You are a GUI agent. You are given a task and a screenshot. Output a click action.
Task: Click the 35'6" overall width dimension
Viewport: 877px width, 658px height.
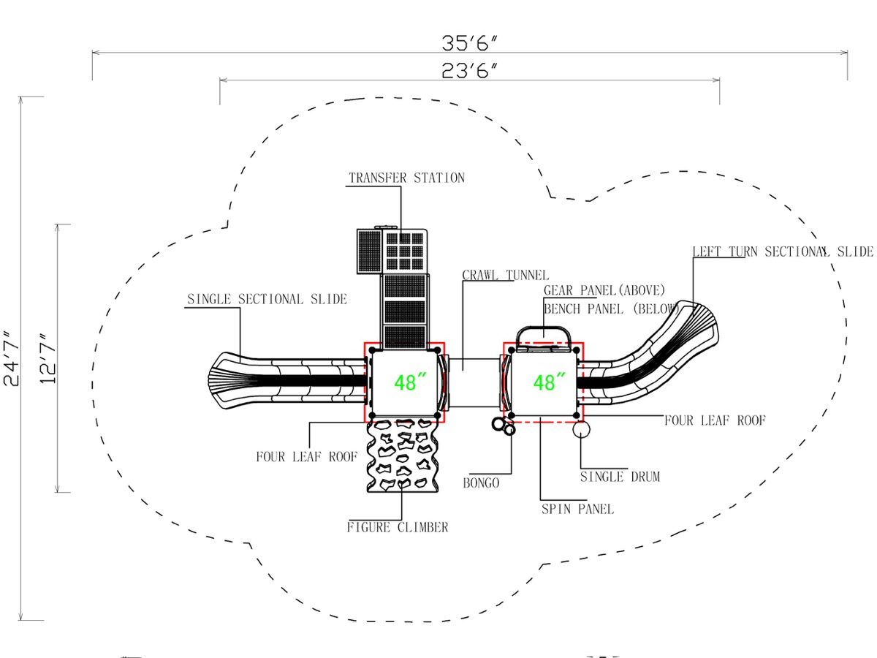click(x=469, y=42)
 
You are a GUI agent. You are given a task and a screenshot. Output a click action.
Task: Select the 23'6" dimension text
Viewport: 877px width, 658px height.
click(x=469, y=71)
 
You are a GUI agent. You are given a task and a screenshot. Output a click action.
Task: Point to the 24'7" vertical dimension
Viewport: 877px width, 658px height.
click(x=12, y=358)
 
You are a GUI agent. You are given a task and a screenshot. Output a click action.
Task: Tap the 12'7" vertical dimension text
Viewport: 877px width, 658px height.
click(x=48, y=358)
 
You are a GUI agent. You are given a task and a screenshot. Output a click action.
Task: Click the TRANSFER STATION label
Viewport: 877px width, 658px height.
click(x=407, y=178)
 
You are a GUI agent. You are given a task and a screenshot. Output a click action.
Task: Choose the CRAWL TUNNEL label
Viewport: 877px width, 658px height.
click(x=506, y=276)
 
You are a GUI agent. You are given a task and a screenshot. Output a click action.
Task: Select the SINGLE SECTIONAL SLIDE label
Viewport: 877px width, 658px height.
click(x=267, y=299)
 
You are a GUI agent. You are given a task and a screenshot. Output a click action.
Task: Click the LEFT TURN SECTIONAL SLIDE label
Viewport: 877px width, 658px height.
click(x=783, y=252)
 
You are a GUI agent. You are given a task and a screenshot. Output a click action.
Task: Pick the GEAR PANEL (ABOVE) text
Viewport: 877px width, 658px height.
click(x=604, y=290)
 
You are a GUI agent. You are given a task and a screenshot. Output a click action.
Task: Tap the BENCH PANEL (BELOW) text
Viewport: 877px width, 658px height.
click(x=611, y=309)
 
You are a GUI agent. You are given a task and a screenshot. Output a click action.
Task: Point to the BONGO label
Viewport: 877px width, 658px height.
click(x=481, y=483)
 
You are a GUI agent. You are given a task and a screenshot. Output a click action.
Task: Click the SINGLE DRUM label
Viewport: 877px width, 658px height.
click(x=620, y=477)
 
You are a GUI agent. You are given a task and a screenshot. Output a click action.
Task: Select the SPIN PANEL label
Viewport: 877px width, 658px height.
click(x=577, y=509)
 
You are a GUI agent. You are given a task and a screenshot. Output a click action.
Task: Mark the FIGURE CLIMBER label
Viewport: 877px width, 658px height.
click(x=398, y=527)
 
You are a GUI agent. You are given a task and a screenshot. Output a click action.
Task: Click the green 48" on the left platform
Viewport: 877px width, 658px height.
click(x=410, y=382)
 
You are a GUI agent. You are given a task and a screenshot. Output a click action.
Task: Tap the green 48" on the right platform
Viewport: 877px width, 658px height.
click(x=550, y=382)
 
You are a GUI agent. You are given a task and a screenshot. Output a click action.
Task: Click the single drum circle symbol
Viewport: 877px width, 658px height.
click(x=581, y=429)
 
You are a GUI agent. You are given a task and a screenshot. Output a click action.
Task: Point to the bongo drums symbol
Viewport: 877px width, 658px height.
click(x=504, y=426)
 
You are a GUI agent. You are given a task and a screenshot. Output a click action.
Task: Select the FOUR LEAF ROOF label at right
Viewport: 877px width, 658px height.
click(x=715, y=420)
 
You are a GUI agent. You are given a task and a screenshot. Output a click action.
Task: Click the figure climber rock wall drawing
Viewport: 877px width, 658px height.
click(x=403, y=455)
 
